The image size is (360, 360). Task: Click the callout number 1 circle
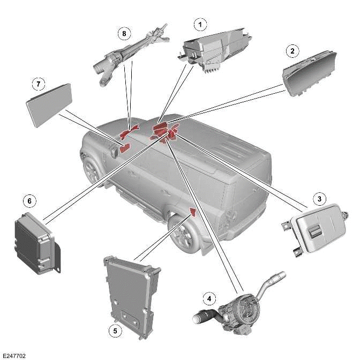click(200, 24)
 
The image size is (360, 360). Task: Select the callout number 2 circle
click(292, 51)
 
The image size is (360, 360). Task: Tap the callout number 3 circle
click(319, 199)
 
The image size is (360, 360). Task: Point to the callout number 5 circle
click(114, 331)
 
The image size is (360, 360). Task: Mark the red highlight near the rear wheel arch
click(192, 212)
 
